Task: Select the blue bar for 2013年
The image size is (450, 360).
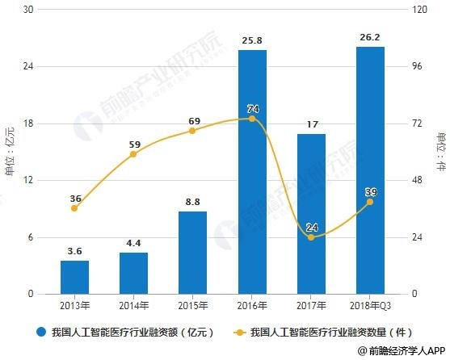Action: pos(74,277)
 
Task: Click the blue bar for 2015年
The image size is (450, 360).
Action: pos(192,253)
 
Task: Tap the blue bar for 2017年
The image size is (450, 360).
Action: pos(311,214)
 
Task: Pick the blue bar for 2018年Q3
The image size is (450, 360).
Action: pos(370,170)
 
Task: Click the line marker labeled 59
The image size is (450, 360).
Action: pos(133,154)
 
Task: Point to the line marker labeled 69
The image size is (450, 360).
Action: pos(192,131)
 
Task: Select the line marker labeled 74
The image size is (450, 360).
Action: pos(252,119)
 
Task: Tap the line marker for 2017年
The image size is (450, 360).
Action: pos(311,237)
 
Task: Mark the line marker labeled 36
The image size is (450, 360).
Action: pos(74,208)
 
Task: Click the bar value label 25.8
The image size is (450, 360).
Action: pos(252,40)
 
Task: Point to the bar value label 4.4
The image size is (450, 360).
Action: pos(133,243)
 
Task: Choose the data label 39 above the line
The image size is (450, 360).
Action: pos(371,192)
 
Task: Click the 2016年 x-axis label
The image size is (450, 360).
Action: pos(252,306)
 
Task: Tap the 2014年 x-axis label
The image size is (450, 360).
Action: pos(134,306)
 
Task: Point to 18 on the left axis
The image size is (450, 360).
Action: pos(27,123)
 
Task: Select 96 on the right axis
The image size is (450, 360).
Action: pos(417,66)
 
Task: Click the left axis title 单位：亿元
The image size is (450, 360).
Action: pos(9,151)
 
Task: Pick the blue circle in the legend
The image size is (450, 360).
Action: pos(41,333)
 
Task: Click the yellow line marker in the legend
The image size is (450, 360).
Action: pos(240,333)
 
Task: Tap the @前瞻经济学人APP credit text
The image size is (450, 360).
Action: pos(402,350)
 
